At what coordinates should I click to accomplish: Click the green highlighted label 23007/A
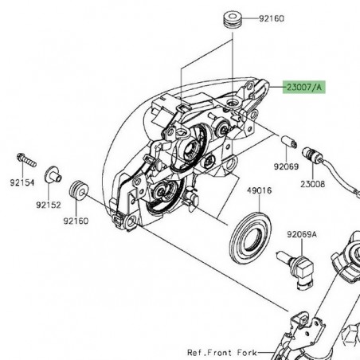click(303, 87)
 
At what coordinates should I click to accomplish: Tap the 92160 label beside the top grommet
click(272, 18)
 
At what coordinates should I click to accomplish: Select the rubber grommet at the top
click(233, 18)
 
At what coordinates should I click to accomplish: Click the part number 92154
click(22, 182)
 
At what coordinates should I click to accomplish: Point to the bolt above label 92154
click(26, 159)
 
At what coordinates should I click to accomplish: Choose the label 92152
click(49, 205)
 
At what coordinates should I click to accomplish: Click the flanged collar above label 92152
click(53, 174)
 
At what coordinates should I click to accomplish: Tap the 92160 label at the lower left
click(76, 221)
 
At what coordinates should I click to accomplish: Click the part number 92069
click(286, 166)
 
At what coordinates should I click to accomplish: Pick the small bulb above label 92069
click(289, 142)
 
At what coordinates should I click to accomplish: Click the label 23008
click(313, 184)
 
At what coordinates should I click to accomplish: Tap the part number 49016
click(260, 190)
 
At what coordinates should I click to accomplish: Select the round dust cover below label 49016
click(250, 237)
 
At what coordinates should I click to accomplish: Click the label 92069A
click(302, 234)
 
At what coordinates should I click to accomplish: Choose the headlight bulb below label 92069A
click(295, 269)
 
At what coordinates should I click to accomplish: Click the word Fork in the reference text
click(247, 353)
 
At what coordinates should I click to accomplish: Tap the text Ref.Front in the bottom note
click(210, 353)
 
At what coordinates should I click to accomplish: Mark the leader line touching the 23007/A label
click(277, 87)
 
